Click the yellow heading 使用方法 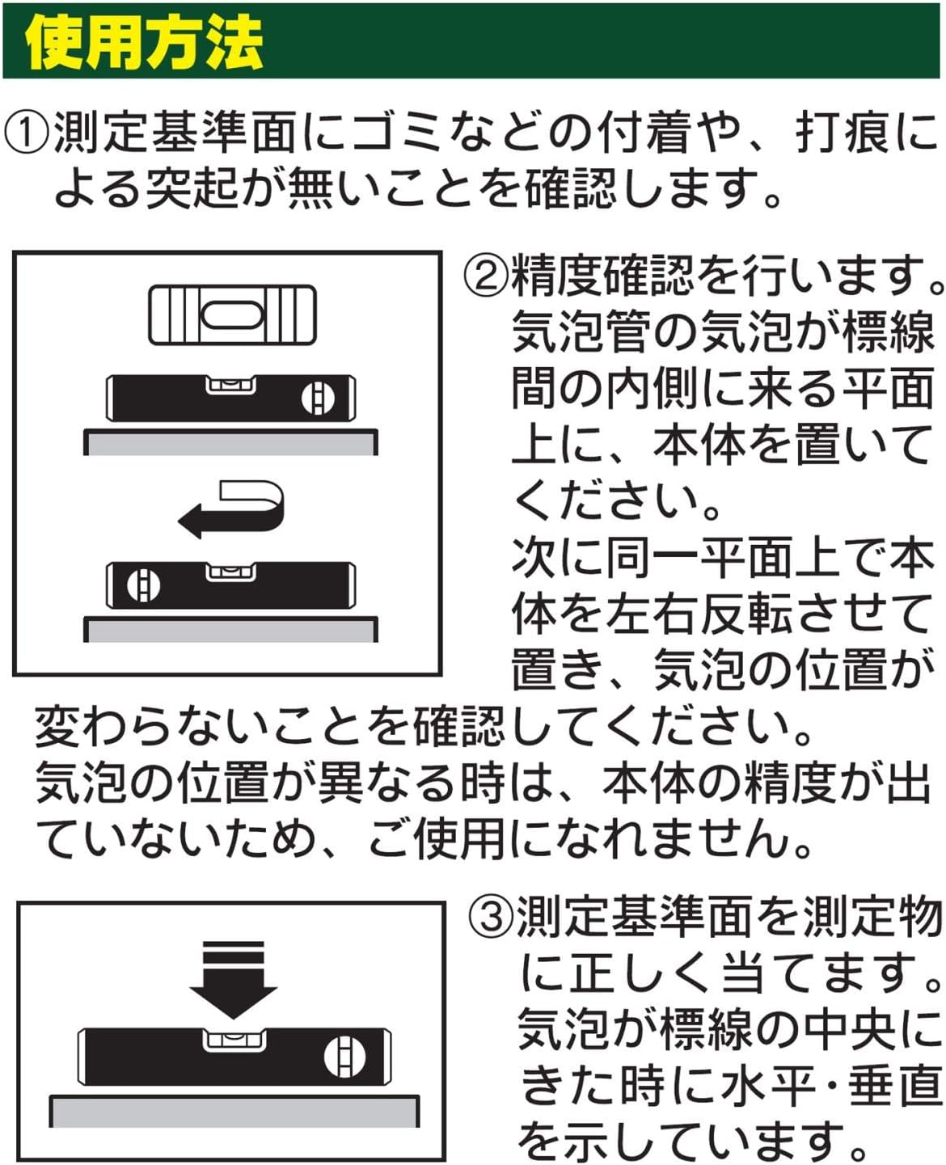tap(145, 42)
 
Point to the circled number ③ tap(491, 918)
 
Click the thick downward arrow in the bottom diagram tap(233, 980)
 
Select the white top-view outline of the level tap(232, 315)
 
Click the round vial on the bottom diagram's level tap(344, 1058)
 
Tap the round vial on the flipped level tap(144, 586)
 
